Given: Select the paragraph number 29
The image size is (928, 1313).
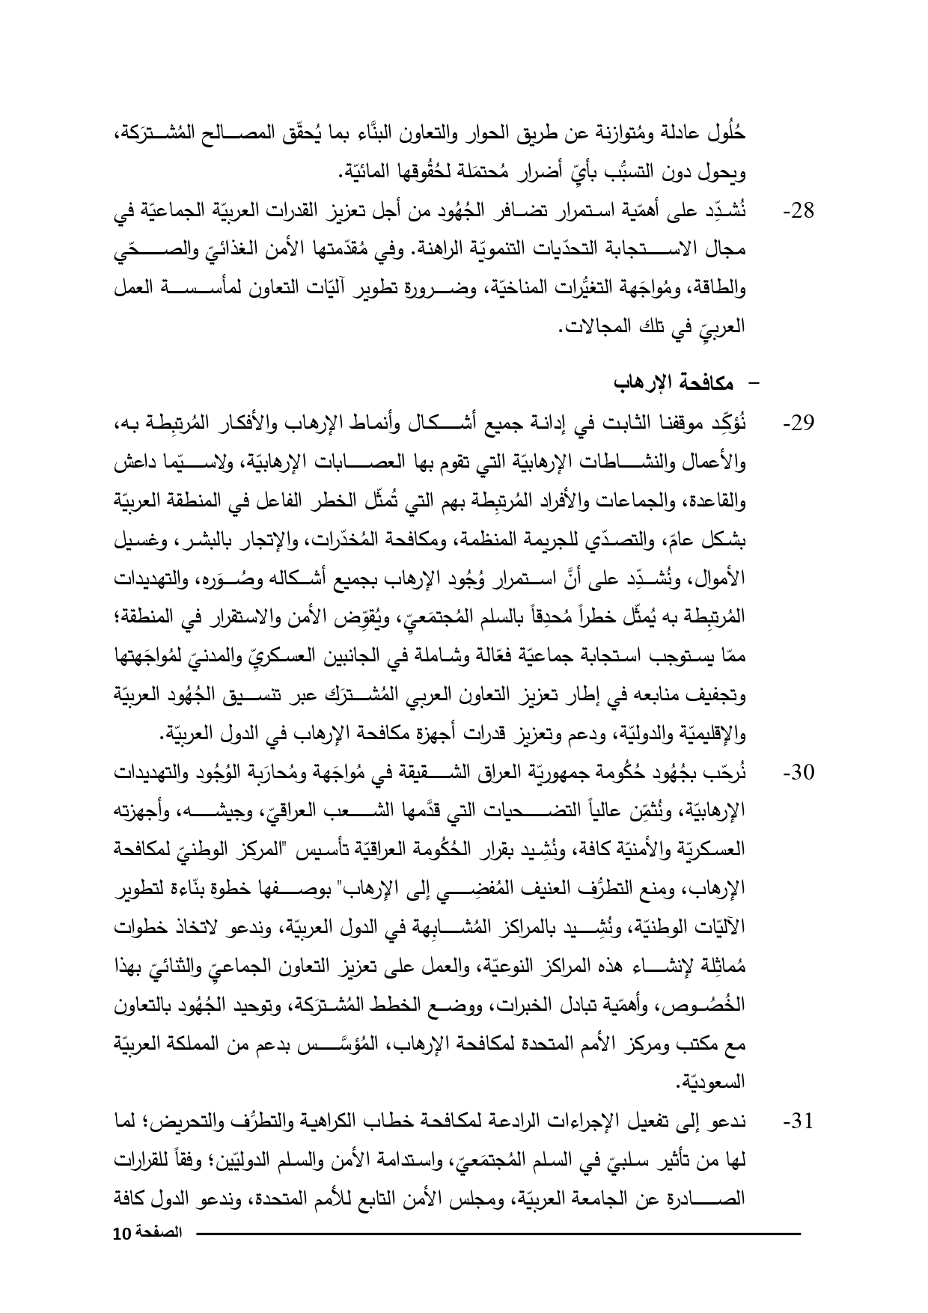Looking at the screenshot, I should tap(799, 425).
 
